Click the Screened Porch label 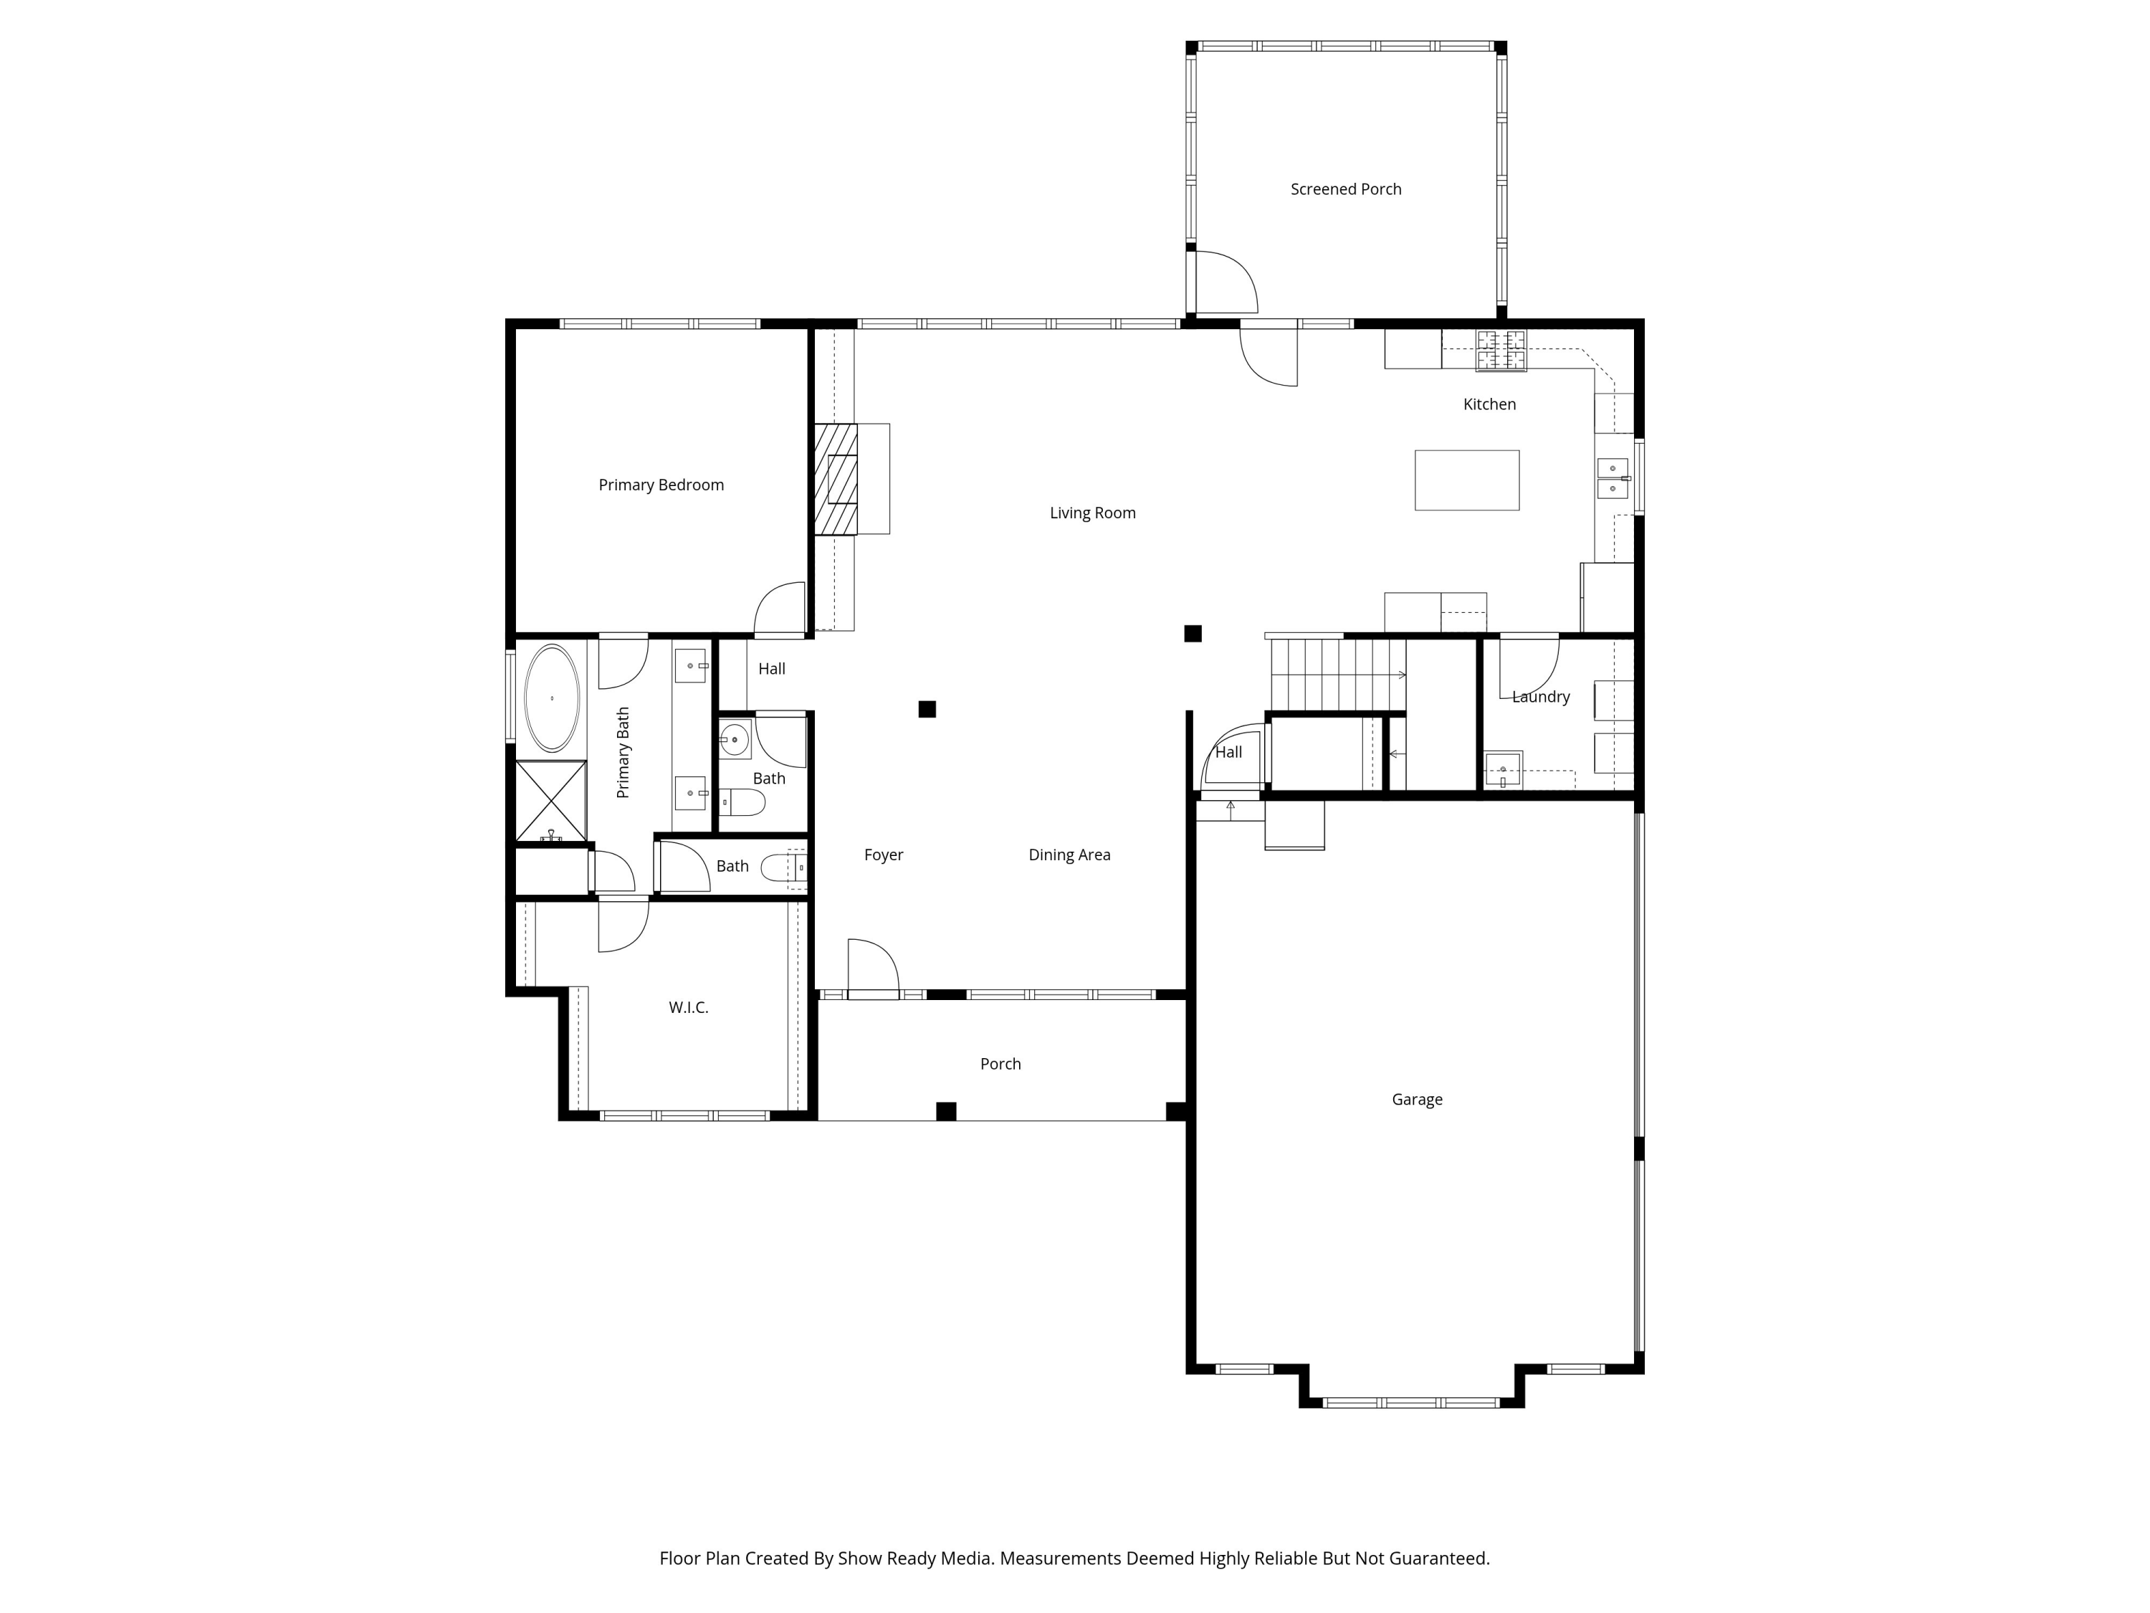pos(1345,189)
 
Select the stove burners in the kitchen pos(1501,350)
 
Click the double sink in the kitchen pos(1612,478)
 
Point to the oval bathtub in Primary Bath pos(551,698)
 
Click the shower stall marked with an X pos(550,801)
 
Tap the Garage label pos(1416,1100)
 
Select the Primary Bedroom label pos(661,485)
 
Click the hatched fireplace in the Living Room pos(836,480)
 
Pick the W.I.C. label pos(688,1008)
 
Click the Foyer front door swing pos(873,966)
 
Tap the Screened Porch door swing pos(1225,282)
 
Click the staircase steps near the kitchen pos(1337,675)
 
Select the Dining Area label pos(1069,855)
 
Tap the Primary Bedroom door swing pos(780,609)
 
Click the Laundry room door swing pos(1528,666)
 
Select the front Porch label pos(1000,1065)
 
